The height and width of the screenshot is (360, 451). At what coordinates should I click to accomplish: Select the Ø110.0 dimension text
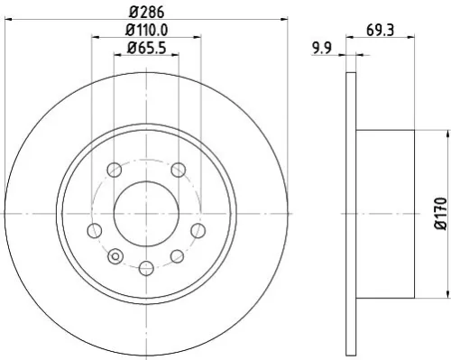[146, 32]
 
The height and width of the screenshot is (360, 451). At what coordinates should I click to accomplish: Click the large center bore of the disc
[145, 214]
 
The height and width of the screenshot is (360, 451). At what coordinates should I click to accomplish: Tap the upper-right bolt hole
[178, 170]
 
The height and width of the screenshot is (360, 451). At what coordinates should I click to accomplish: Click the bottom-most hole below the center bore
[145, 266]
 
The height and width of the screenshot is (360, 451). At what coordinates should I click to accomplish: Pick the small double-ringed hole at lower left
[114, 258]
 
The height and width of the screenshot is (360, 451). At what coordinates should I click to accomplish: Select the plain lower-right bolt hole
[178, 258]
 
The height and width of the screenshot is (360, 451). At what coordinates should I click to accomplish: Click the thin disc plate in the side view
[351, 214]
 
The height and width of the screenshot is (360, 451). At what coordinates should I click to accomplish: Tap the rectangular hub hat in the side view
[385, 214]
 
